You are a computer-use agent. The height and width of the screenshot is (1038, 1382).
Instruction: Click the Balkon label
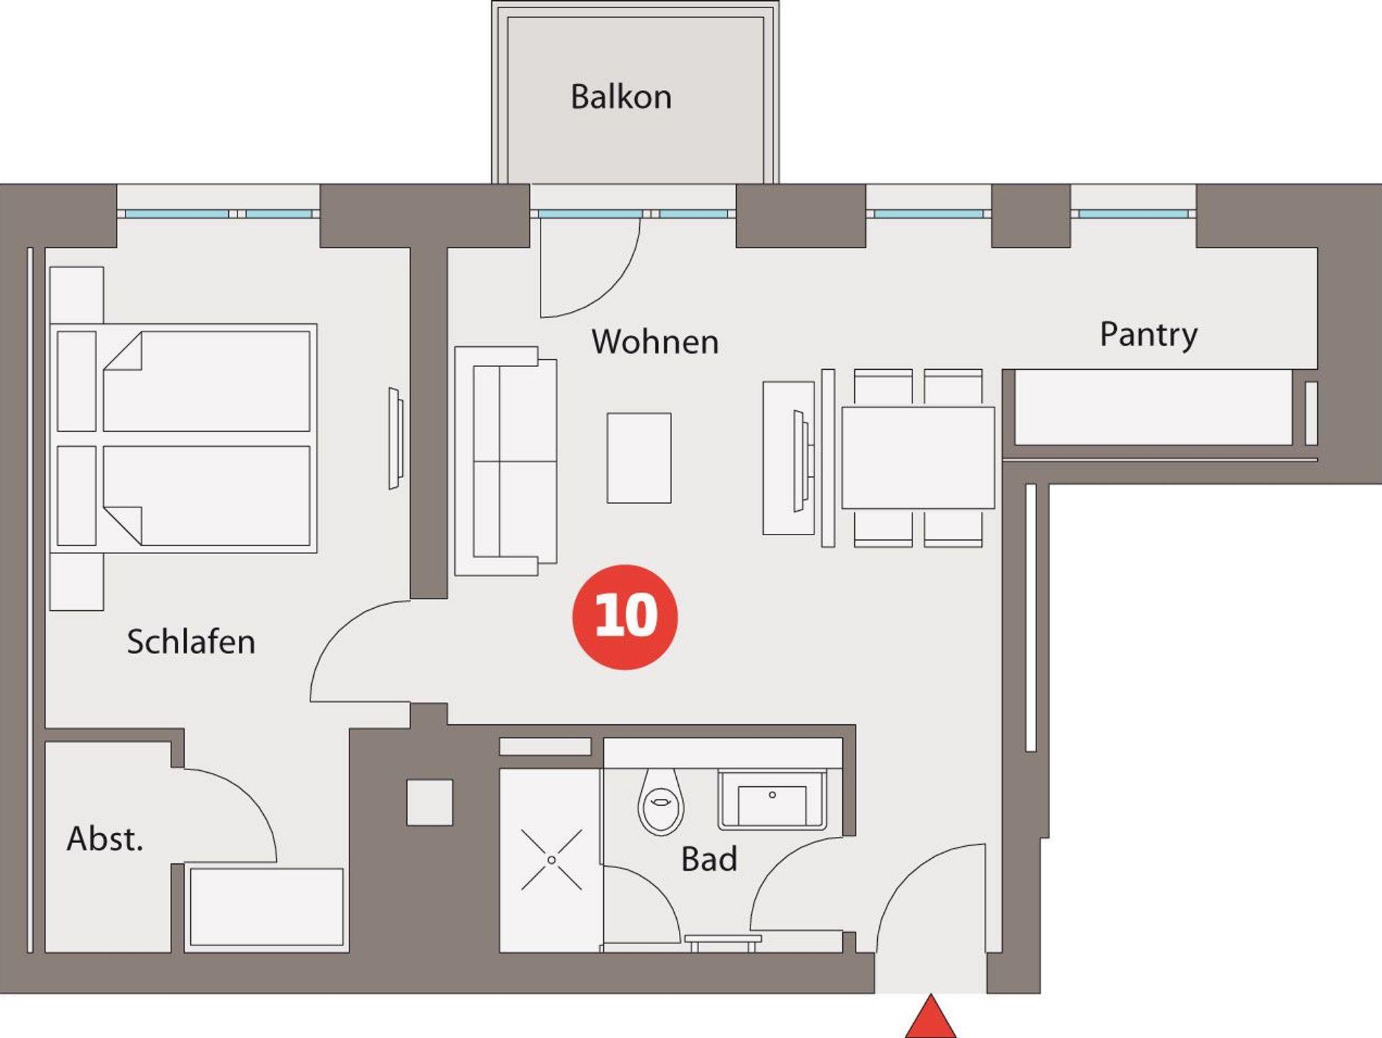621,97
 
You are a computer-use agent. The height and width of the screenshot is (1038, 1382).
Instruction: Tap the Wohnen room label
655,342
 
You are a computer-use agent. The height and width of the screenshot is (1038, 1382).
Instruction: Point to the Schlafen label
191,641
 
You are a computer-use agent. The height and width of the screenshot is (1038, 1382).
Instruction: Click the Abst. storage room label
105,838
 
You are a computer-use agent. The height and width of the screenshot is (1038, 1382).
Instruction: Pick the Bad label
709,859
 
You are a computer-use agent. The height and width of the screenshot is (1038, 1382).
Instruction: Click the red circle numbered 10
625,617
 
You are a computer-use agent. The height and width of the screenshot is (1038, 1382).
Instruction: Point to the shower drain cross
551,860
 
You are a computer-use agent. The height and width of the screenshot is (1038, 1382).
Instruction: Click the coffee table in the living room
639,458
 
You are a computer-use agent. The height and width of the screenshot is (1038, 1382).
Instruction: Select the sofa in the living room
505,461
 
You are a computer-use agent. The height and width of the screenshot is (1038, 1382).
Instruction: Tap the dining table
918,458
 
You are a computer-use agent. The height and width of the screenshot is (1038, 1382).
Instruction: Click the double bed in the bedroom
184,438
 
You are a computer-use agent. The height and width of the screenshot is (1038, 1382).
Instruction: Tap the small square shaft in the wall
430,802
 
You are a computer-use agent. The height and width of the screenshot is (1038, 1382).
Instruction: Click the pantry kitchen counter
1153,407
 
